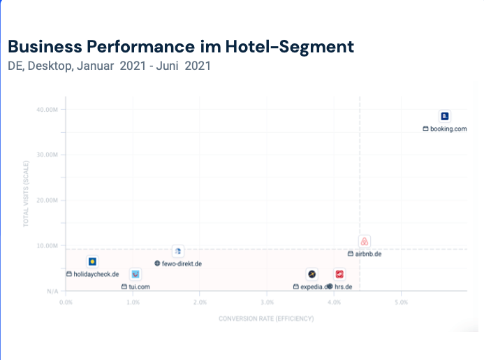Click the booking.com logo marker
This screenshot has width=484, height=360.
point(444,116)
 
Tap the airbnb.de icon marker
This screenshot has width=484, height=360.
point(364,242)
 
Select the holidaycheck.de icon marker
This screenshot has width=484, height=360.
point(92,262)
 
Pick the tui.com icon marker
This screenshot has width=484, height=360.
point(135,274)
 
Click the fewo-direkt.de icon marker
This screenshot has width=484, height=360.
point(178,251)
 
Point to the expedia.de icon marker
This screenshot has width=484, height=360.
point(312,275)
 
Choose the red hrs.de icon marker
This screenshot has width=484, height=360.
point(339,275)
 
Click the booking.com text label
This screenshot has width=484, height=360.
point(448,129)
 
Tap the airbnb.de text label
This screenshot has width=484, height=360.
point(368,254)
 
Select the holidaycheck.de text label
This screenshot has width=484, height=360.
point(96,274)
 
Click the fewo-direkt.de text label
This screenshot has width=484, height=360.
point(182,264)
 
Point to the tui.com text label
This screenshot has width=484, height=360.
point(140,287)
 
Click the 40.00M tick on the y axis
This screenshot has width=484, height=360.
point(51,110)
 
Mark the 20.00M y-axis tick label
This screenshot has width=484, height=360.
point(51,201)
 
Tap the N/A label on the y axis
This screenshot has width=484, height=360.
point(53,291)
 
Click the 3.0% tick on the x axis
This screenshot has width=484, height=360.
point(267,303)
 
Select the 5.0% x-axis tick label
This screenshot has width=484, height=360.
point(401,303)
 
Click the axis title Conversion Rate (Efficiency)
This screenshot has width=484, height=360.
point(266,319)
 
